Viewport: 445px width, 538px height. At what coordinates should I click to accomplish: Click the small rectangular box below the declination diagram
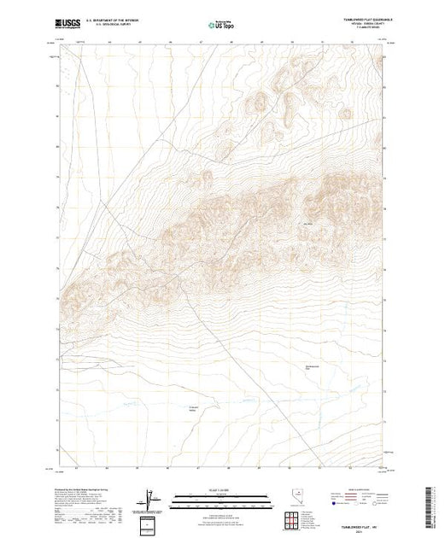[152, 521]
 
